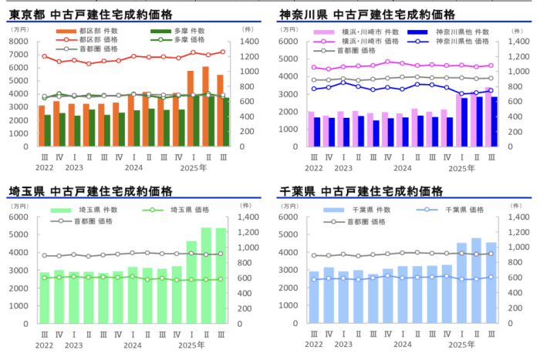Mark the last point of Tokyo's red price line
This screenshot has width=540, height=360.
pos(224,52)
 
